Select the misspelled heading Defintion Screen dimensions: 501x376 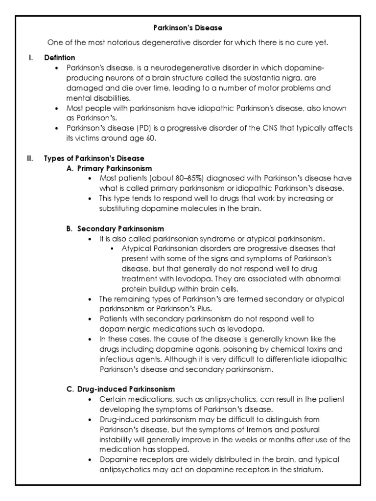point(60,58)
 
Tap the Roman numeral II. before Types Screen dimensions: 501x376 point(30,159)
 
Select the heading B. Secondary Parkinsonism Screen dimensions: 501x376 point(115,229)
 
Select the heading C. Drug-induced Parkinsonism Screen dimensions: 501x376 point(120,389)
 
